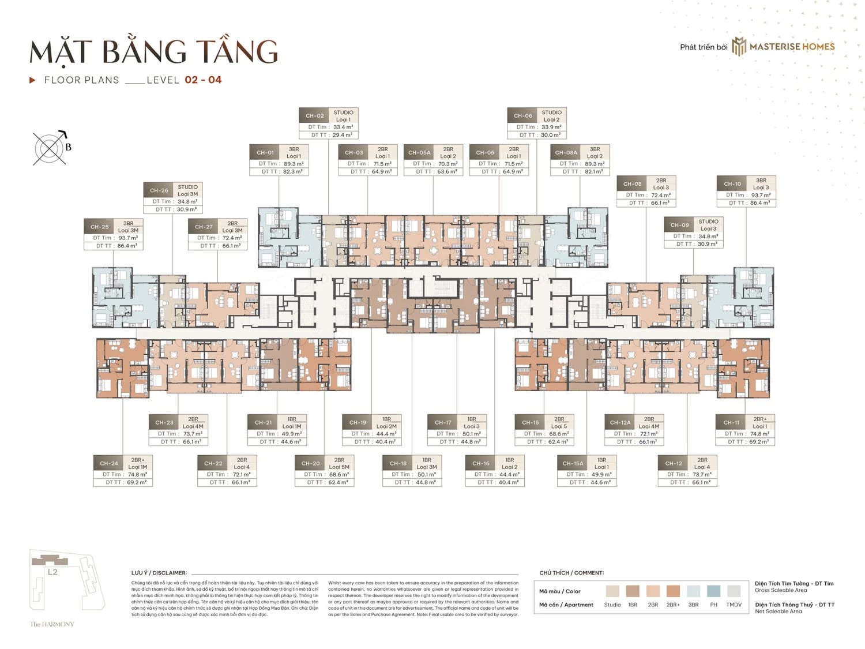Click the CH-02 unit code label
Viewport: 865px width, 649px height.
314,116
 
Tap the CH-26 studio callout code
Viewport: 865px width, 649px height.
159,190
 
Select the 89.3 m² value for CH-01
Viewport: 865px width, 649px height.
294,164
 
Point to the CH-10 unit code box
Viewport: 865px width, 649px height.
732,184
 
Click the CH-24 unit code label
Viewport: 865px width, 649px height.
109,463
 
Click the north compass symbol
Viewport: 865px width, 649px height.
50,148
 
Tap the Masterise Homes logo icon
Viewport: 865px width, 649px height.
739,47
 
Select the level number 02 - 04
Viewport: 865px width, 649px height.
203,80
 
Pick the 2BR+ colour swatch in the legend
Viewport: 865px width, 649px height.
673,591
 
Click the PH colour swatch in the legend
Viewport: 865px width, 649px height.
713,591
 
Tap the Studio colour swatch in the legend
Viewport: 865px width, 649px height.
612,591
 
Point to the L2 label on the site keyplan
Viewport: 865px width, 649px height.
52,572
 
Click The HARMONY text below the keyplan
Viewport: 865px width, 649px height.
52,624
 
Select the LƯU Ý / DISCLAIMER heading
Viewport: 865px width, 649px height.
159,573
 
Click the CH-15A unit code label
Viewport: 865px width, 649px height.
573,463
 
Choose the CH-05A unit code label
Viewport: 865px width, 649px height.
419,153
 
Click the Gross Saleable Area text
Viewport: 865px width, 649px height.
781,590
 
